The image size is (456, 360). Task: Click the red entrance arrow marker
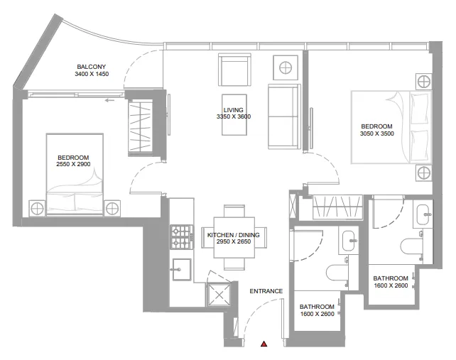tap(264, 344)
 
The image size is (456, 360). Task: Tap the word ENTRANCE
tap(266, 291)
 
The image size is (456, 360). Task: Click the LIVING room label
tap(234, 111)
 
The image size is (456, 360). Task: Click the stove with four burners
tap(181, 236)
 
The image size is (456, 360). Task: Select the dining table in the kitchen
tap(234, 238)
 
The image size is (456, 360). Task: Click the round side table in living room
tap(285, 69)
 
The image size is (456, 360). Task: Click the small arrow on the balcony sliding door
tap(109, 101)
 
